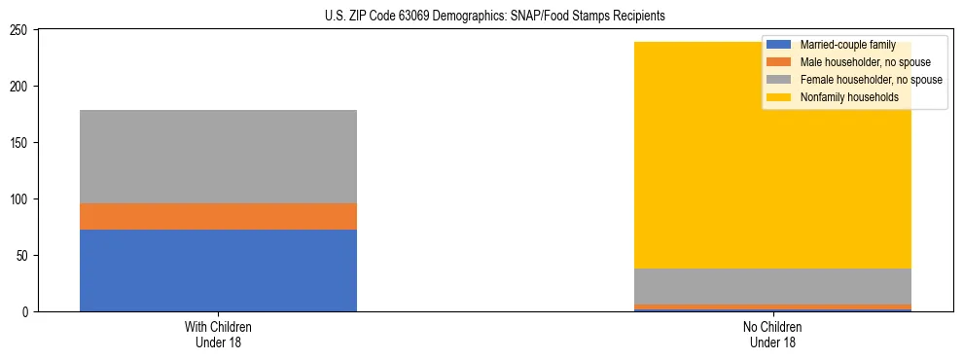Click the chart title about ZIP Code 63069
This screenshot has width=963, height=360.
[x=495, y=16]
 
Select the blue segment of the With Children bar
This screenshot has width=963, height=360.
[x=218, y=270]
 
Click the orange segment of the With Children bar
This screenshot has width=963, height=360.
[x=218, y=216]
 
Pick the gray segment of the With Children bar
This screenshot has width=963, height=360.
[x=218, y=157]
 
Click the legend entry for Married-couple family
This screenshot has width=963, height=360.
[x=846, y=45]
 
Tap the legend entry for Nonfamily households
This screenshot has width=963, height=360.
[x=850, y=97]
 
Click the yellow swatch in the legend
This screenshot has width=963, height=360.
[x=779, y=97]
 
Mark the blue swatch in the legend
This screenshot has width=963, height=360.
[x=779, y=45]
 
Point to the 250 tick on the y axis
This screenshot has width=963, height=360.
[x=21, y=30]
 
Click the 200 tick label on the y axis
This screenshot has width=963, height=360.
[x=21, y=87]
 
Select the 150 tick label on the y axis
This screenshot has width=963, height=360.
[x=21, y=143]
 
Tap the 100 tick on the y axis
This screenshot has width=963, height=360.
[x=21, y=199]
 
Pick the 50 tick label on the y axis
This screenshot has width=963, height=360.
[x=24, y=256]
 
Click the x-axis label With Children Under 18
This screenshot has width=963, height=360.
[x=218, y=334]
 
